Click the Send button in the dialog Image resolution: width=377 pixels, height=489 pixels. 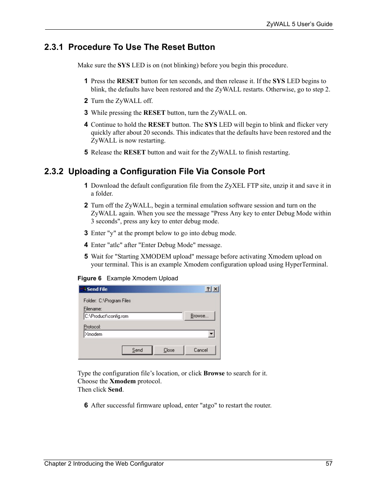[x=137, y=350]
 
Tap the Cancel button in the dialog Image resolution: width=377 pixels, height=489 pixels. [x=201, y=350]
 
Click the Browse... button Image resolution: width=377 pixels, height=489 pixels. [x=199, y=316]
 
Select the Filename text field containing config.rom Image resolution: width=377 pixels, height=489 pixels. [x=133, y=316]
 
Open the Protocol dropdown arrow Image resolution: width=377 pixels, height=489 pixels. [x=211, y=334]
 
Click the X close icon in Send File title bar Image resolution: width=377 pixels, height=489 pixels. [x=215, y=289]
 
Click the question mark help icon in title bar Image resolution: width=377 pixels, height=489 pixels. [x=208, y=289]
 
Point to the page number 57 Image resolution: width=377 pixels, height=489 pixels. [x=329, y=464]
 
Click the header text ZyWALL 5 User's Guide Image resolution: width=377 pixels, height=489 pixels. [x=299, y=24]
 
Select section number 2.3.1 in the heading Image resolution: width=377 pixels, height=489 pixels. [x=53, y=47]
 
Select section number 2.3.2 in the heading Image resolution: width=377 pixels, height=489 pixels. [x=53, y=171]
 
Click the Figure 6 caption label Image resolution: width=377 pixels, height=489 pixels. [x=89, y=278]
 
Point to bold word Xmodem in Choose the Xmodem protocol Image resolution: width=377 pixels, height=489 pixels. [x=123, y=381]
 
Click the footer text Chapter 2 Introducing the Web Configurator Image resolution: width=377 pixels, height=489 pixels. [x=104, y=464]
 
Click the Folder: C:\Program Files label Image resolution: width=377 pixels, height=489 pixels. [x=107, y=301]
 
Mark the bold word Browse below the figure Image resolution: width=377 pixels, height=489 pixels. [x=214, y=373]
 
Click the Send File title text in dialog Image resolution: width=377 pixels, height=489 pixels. [x=97, y=289]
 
